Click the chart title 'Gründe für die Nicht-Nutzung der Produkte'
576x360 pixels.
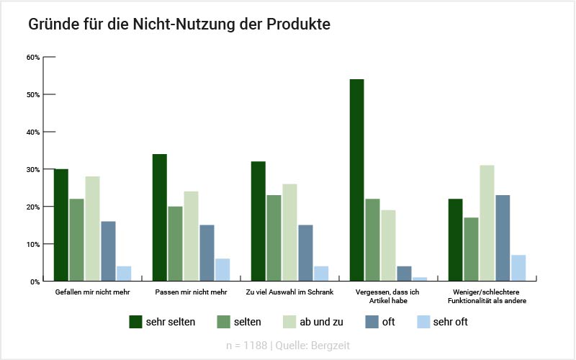click(179, 24)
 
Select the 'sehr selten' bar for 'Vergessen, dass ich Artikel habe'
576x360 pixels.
click(356, 180)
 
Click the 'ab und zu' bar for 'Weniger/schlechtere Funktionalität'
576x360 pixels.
click(487, 223)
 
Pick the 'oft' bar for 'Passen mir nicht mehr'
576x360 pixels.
click(207, 253)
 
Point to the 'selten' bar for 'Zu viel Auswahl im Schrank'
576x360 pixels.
click(274, 238)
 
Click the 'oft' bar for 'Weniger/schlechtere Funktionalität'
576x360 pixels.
click(503, 238)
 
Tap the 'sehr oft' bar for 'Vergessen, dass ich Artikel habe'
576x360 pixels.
click(420, 279)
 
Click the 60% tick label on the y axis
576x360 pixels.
click(32, 57)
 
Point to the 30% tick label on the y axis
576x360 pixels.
click(32, 169)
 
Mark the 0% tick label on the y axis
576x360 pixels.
click(35, 282)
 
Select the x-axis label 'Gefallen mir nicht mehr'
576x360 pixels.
click(92, 292)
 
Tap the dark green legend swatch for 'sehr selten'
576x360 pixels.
click(135, 322)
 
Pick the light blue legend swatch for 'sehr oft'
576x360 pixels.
click(423, 322)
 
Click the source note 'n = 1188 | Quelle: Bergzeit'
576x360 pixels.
click(287, 346)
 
